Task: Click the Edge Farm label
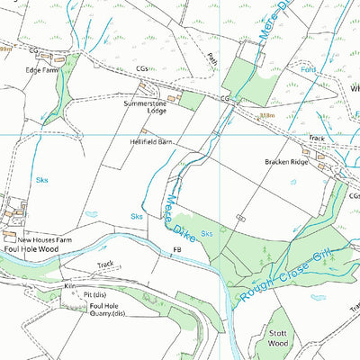[x=40, y=69]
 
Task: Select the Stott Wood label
[x=278, y=338]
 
